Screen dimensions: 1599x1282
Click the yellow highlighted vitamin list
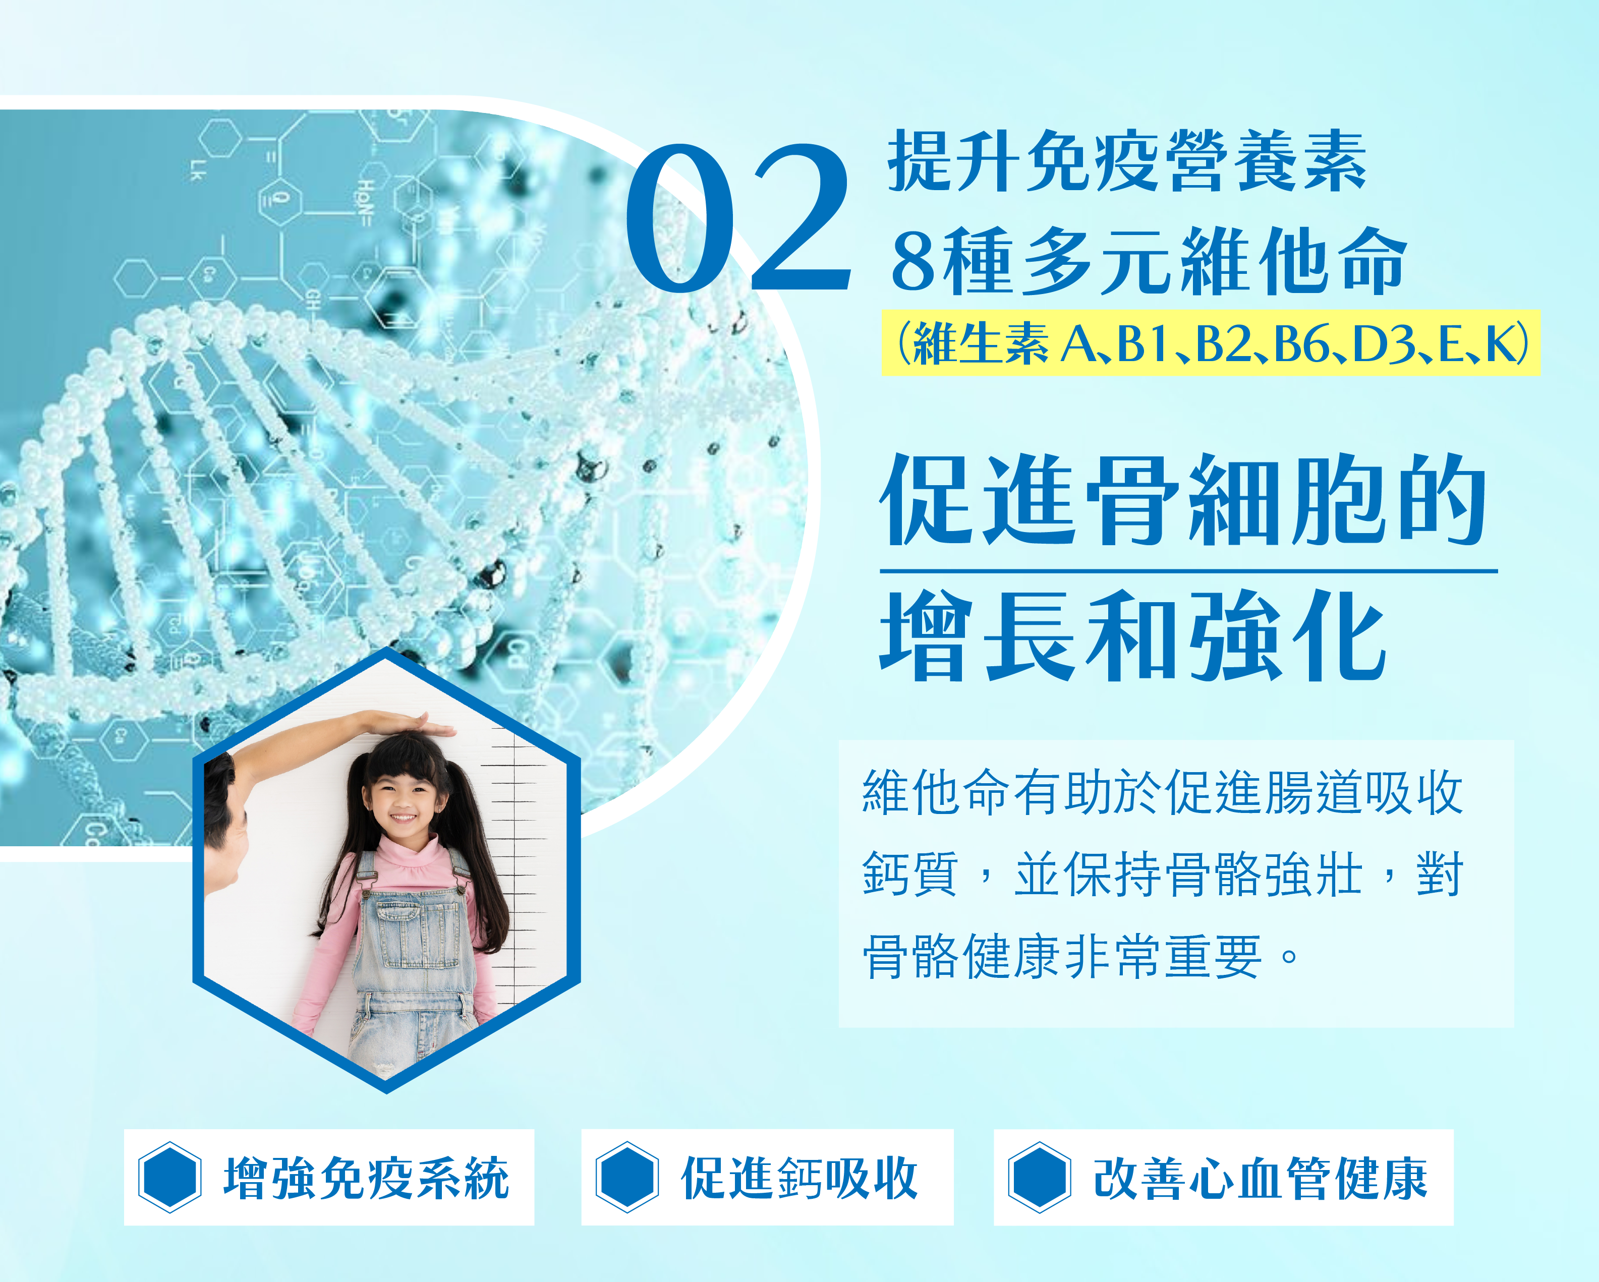click(1211, 343)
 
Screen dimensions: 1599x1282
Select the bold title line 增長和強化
click(1132, 635)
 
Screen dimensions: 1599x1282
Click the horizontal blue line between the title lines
click(1189, 571)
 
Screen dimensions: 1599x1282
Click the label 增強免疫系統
click(366, 1178)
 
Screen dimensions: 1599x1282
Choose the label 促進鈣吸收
click(799, 1178)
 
